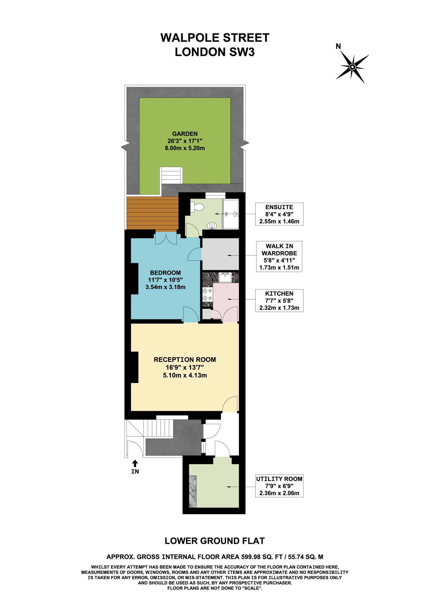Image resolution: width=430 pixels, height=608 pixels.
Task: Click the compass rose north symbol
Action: point(352,67)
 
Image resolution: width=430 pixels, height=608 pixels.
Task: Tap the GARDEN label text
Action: point(185,134)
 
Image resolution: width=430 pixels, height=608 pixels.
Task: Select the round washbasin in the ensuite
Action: point(212,226)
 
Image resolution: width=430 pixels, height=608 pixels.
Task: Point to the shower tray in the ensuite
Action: point(231,214)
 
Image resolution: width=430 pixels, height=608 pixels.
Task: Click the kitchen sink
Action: point(225,277)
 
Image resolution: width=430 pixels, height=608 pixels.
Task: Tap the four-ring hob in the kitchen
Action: point(207,294)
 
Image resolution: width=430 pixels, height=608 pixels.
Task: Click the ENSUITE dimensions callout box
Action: point(279,214)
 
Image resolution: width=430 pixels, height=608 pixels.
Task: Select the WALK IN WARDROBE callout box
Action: point(279,256)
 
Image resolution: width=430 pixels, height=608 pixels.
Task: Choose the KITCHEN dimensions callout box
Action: point(279,301)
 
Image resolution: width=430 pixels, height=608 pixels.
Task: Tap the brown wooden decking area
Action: point(152,213)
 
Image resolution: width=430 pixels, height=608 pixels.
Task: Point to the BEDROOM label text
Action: point(165,273)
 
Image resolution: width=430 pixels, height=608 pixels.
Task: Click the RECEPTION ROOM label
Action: point(185,360)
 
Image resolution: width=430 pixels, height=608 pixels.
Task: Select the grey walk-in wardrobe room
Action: point(220,254)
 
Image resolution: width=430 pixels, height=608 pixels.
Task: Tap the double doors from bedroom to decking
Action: point(166,238)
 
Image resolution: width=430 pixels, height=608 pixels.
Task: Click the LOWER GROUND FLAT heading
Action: point(215,541)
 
